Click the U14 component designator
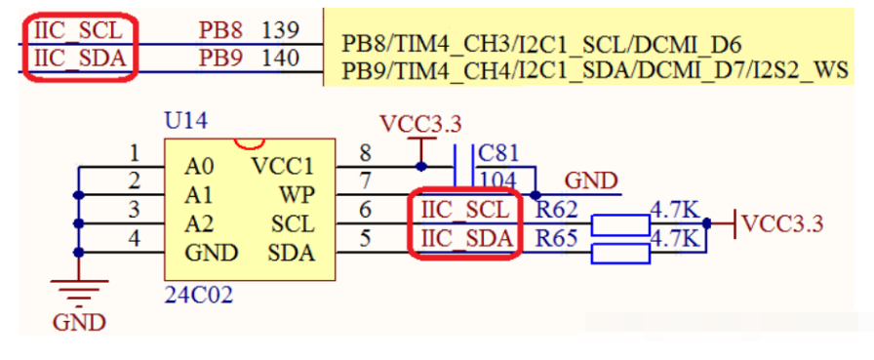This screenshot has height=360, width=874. (185, 121)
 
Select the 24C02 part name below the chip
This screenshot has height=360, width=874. (199, 296)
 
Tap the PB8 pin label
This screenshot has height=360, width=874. (220, 30)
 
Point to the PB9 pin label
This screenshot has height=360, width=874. (220, 58)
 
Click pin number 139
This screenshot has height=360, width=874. (280, 30)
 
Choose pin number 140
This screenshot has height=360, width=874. (281, 58)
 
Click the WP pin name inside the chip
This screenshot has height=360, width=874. (298, 195)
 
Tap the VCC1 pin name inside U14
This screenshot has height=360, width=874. (283, 166)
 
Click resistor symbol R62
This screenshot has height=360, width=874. (620, 224)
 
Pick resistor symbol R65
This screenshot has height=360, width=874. (620, 254)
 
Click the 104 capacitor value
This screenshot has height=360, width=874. (498, 180)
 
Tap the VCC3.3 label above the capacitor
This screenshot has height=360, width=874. (420, 124)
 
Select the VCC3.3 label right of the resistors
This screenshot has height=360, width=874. (782, 224)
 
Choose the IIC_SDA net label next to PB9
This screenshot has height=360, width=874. (80, 58)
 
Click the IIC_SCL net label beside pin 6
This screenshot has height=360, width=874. (465, 210)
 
